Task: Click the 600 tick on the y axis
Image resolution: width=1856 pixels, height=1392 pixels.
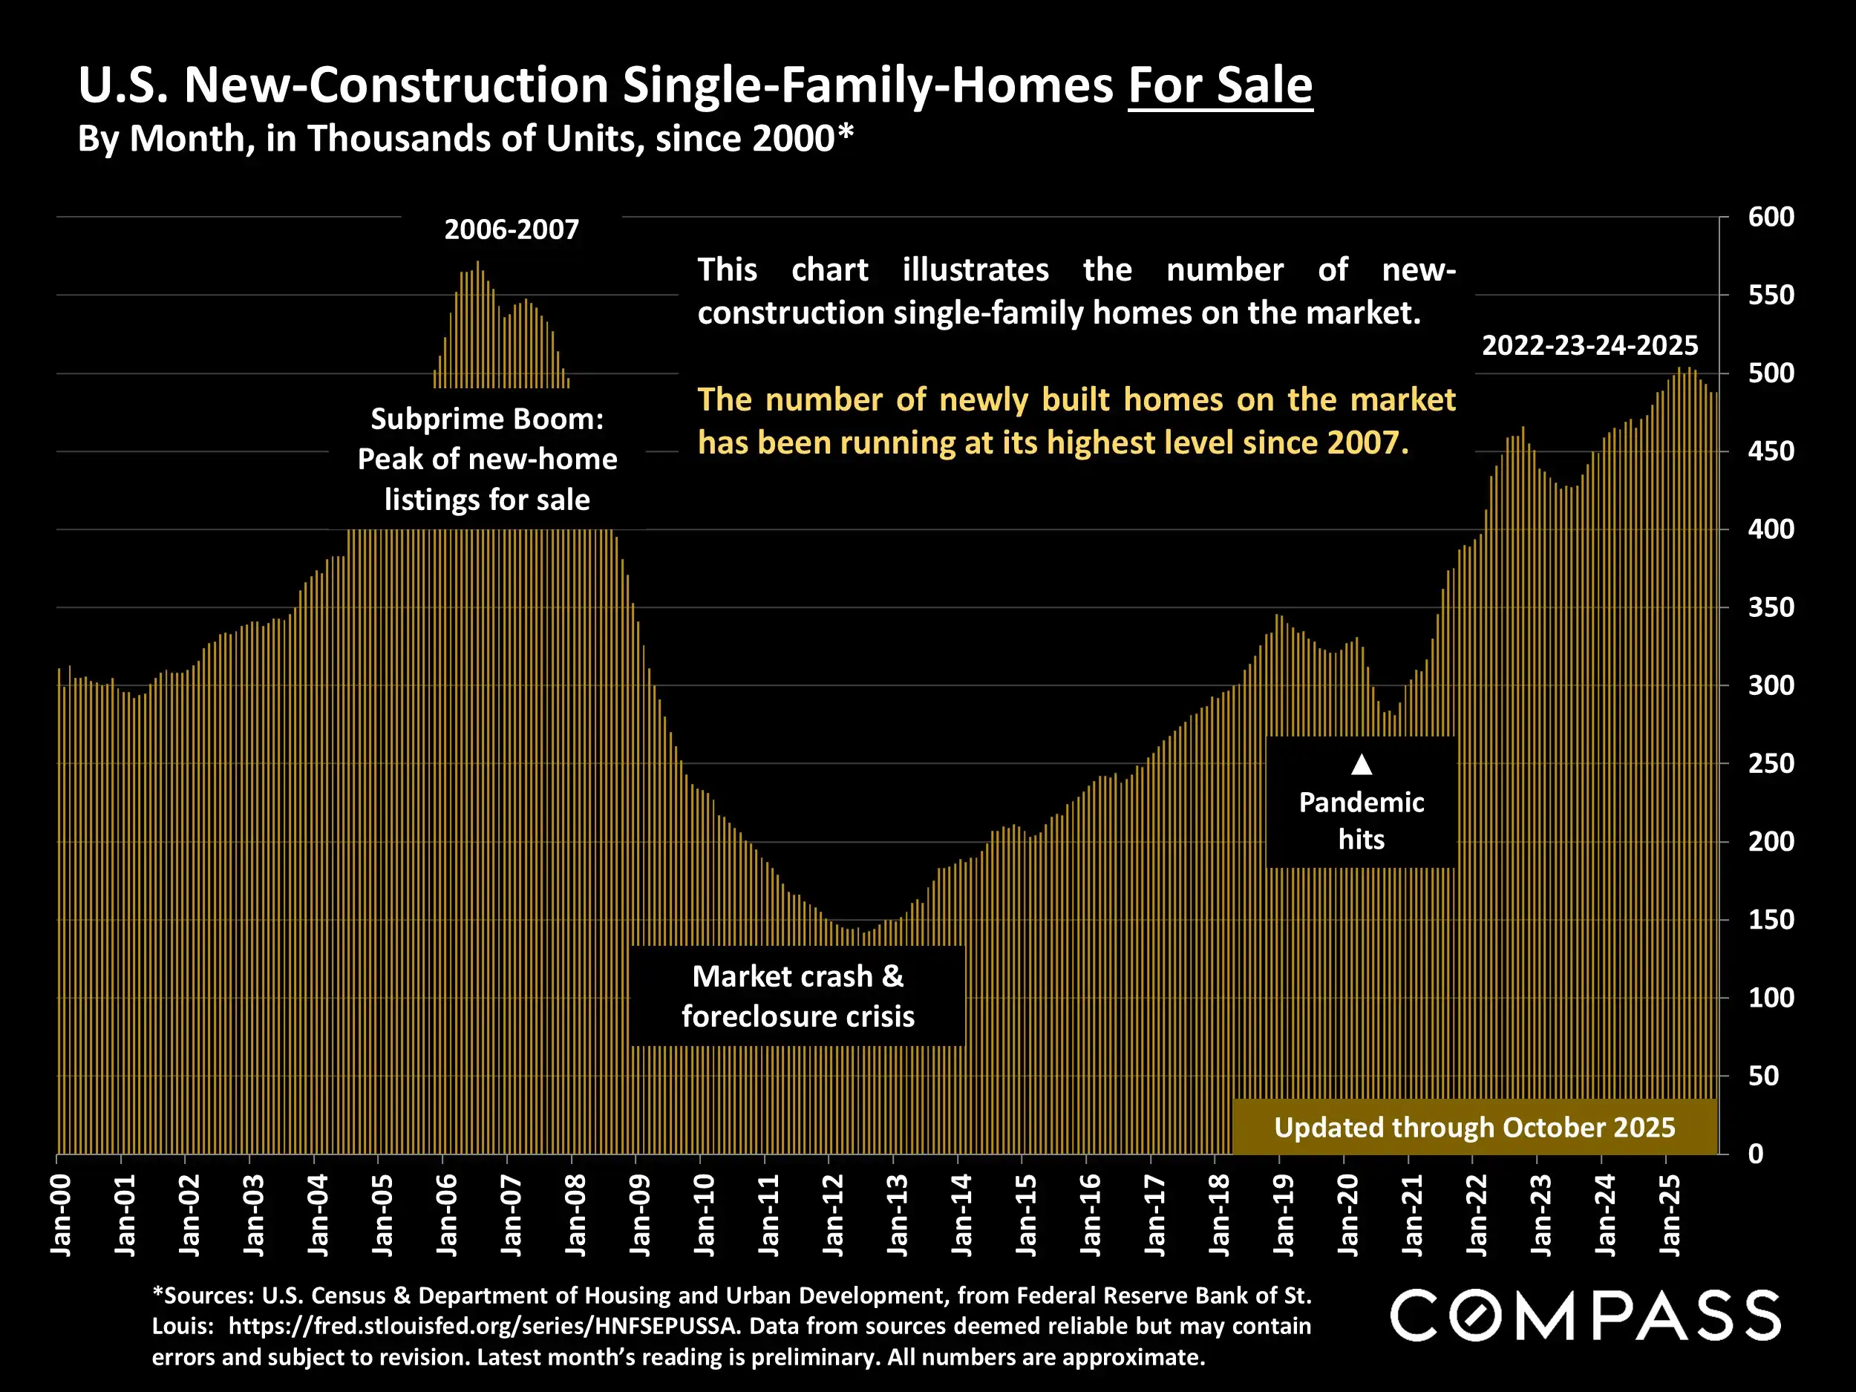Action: tap(1771, 218)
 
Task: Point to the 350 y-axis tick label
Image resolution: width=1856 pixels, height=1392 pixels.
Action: tap(1771, 607)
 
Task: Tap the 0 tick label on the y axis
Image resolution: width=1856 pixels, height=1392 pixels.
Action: tap(1755, 1154)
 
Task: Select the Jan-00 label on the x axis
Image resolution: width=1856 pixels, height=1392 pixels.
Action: tap(60, 1215)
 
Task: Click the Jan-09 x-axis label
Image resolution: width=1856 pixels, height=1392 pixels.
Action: tap(640, 1215)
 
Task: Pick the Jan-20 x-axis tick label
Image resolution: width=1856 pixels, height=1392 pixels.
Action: tap(1348, 1215)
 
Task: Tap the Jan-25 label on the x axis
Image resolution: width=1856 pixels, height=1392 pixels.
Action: tap(1670, 1215)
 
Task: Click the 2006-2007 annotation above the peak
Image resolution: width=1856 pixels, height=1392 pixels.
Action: tap(511, 230)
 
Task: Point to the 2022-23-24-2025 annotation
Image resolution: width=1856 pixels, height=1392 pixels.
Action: tap(1589, 346)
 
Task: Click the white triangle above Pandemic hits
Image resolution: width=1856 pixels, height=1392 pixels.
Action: tap(1362, 765)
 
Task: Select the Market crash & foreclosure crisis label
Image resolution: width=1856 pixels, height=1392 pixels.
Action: tap(797, 996)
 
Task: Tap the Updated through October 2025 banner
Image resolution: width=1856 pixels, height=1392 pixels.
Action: tap(1474, 1127)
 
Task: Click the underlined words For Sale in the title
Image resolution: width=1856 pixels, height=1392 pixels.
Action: tap(1220, 85)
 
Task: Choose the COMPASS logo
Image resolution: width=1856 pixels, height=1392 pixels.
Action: tap(1585, 1315)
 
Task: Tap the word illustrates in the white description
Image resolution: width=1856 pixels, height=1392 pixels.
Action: tap(975, 270)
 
